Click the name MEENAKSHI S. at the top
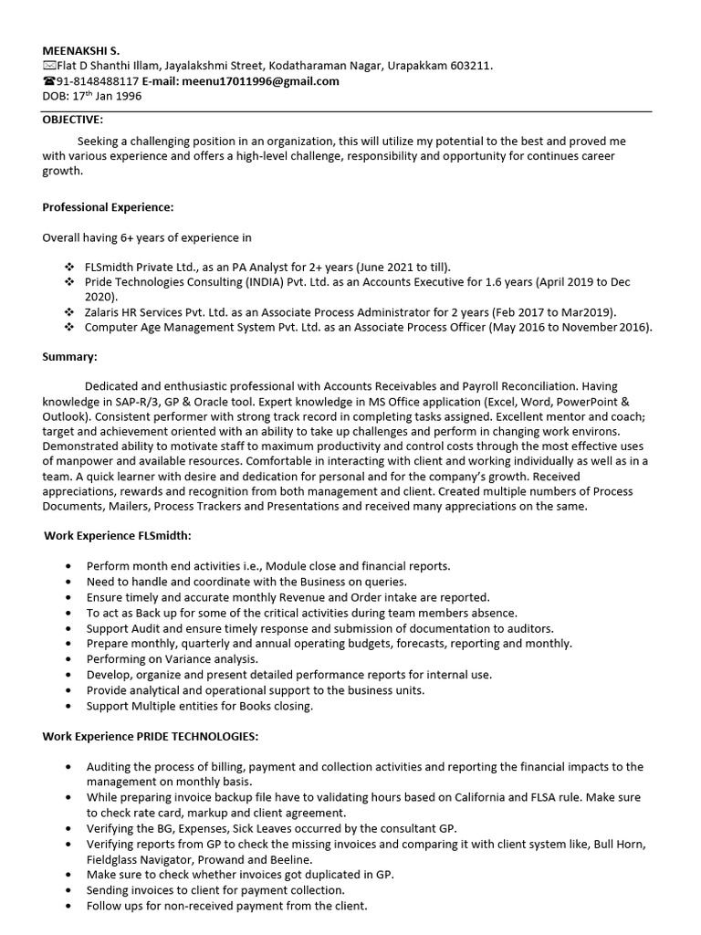pos(79,50)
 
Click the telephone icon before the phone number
pos(48,80)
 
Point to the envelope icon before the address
pos(48,66)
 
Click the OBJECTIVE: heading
pos(73,120)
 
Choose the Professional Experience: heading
pos(108,207)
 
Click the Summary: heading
pos(69,356)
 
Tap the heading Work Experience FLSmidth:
pos(118,535)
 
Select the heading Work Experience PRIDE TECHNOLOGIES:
pos(152,736)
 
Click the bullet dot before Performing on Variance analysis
pos(69,658)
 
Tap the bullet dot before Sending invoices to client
pos(69,890)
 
